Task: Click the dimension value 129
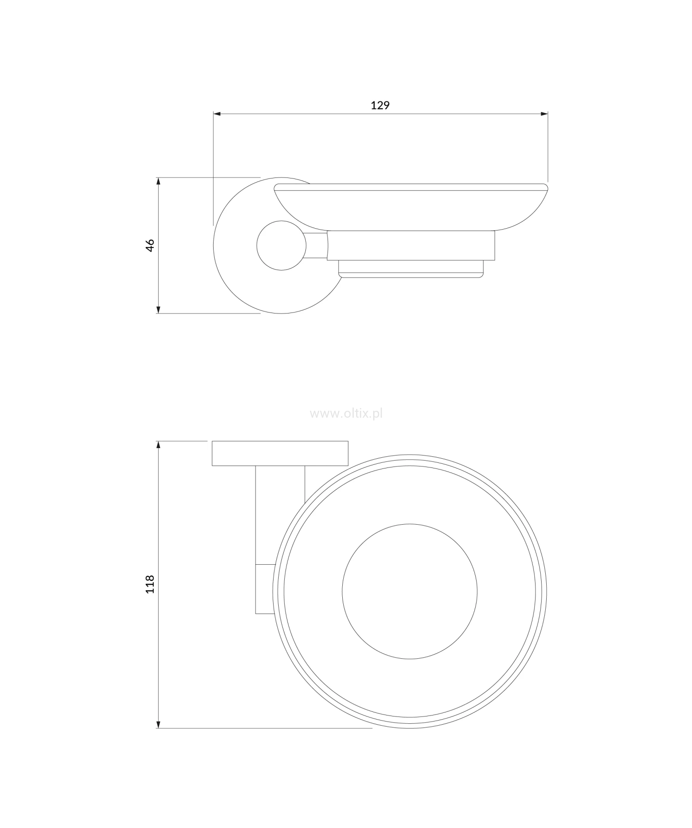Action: coord(380,105)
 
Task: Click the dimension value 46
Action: coord(150,245)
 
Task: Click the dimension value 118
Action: coord(150,584)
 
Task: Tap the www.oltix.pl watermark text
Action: coord(346,414)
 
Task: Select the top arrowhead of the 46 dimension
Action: coord(158,182)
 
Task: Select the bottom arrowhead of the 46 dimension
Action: coord(158,309)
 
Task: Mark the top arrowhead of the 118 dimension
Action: coord(158,446)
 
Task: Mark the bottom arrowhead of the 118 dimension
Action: coord(158,724)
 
